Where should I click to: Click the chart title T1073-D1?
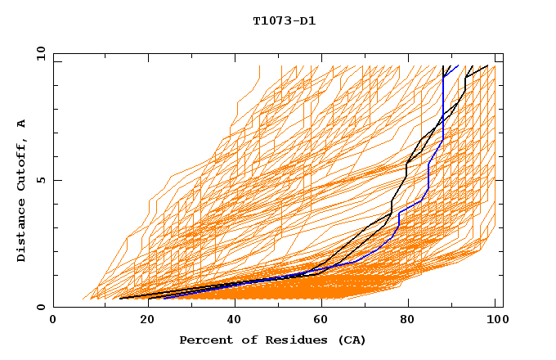pos(284,20)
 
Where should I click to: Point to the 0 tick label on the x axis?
pos(53,320)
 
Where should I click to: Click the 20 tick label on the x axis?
pos(142,320)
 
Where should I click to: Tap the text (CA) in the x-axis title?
pos(352,340)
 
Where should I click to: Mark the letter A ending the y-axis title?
pos(21,124)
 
